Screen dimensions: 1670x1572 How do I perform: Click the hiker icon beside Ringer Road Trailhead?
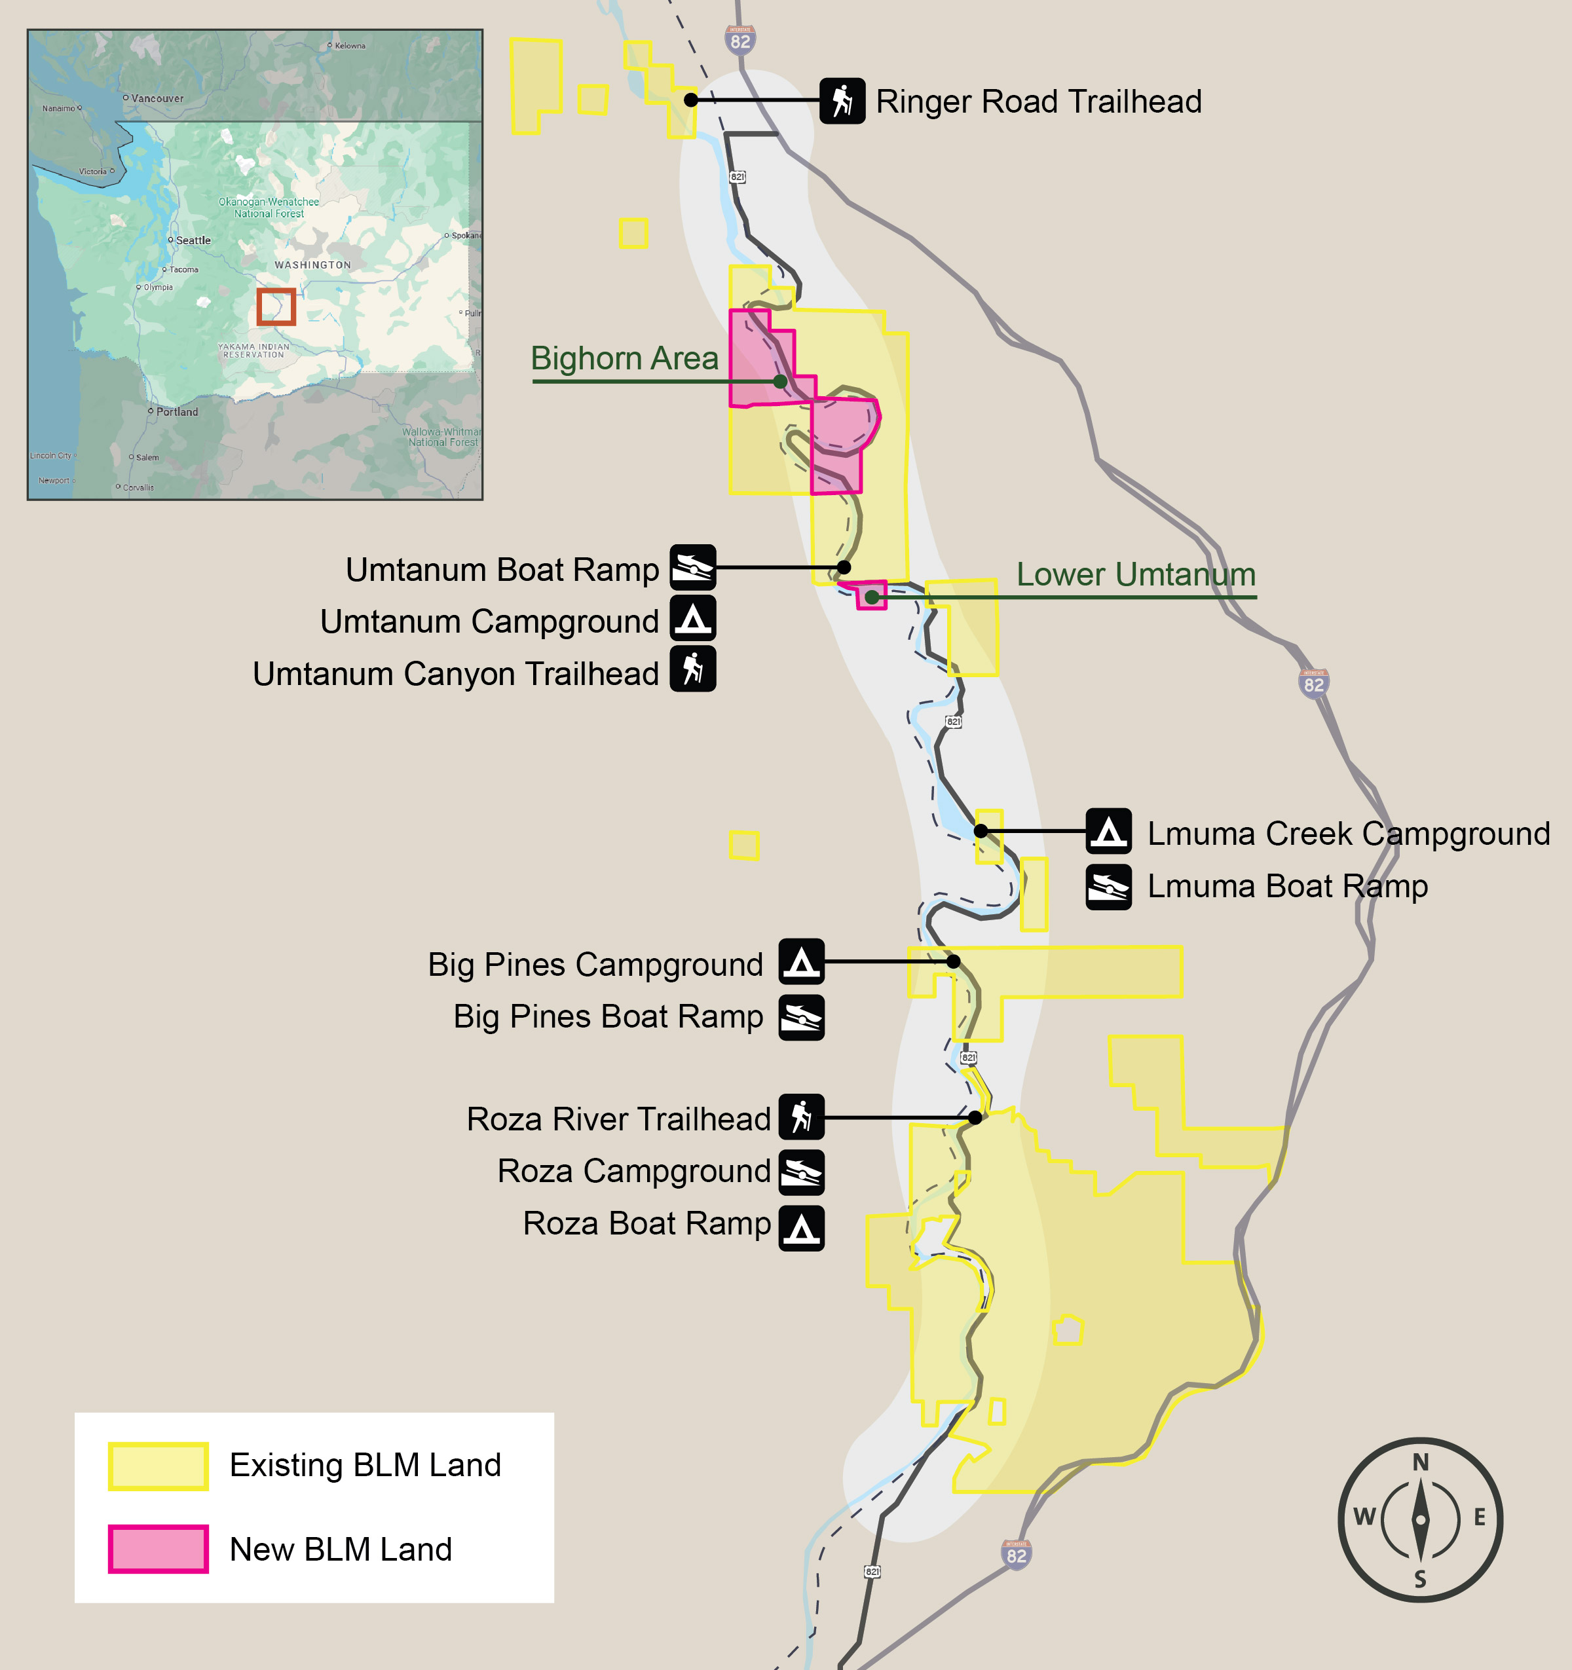(x=842, y=101)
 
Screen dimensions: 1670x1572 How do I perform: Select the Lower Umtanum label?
(x=1136, y=574)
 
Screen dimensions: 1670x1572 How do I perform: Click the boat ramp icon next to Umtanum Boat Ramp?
(x=692, y=567)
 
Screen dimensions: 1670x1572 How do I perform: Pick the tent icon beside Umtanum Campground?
(x=692, y=618)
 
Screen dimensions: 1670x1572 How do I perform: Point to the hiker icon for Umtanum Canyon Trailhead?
(x=692, y=669)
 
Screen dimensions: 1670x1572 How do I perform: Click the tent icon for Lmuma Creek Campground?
(x=1108, y=832)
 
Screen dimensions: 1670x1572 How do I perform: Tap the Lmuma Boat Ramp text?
(x=1287, y=886)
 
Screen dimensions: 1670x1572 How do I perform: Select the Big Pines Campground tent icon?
(x=800, y=961)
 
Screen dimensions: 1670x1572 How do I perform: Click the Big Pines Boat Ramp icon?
(x=800, y=1017)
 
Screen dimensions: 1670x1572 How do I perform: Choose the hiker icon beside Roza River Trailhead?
(x=800, y=1117)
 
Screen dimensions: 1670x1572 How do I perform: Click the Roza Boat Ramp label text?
(x=646, y=1223)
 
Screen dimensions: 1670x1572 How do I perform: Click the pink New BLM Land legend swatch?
(x=158, y=1549)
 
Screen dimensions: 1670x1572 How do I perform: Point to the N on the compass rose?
(x=1420, y=1462)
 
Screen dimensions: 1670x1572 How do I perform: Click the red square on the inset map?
(x=276, y=306)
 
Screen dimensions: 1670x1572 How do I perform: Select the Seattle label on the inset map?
(x=193, y=240)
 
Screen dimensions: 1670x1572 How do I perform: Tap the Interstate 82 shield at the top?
(x=740, y=39)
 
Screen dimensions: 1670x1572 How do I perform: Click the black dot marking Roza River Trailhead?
(x=975, y=1117)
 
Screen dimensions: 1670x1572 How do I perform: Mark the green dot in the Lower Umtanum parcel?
(x=872, y=597)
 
